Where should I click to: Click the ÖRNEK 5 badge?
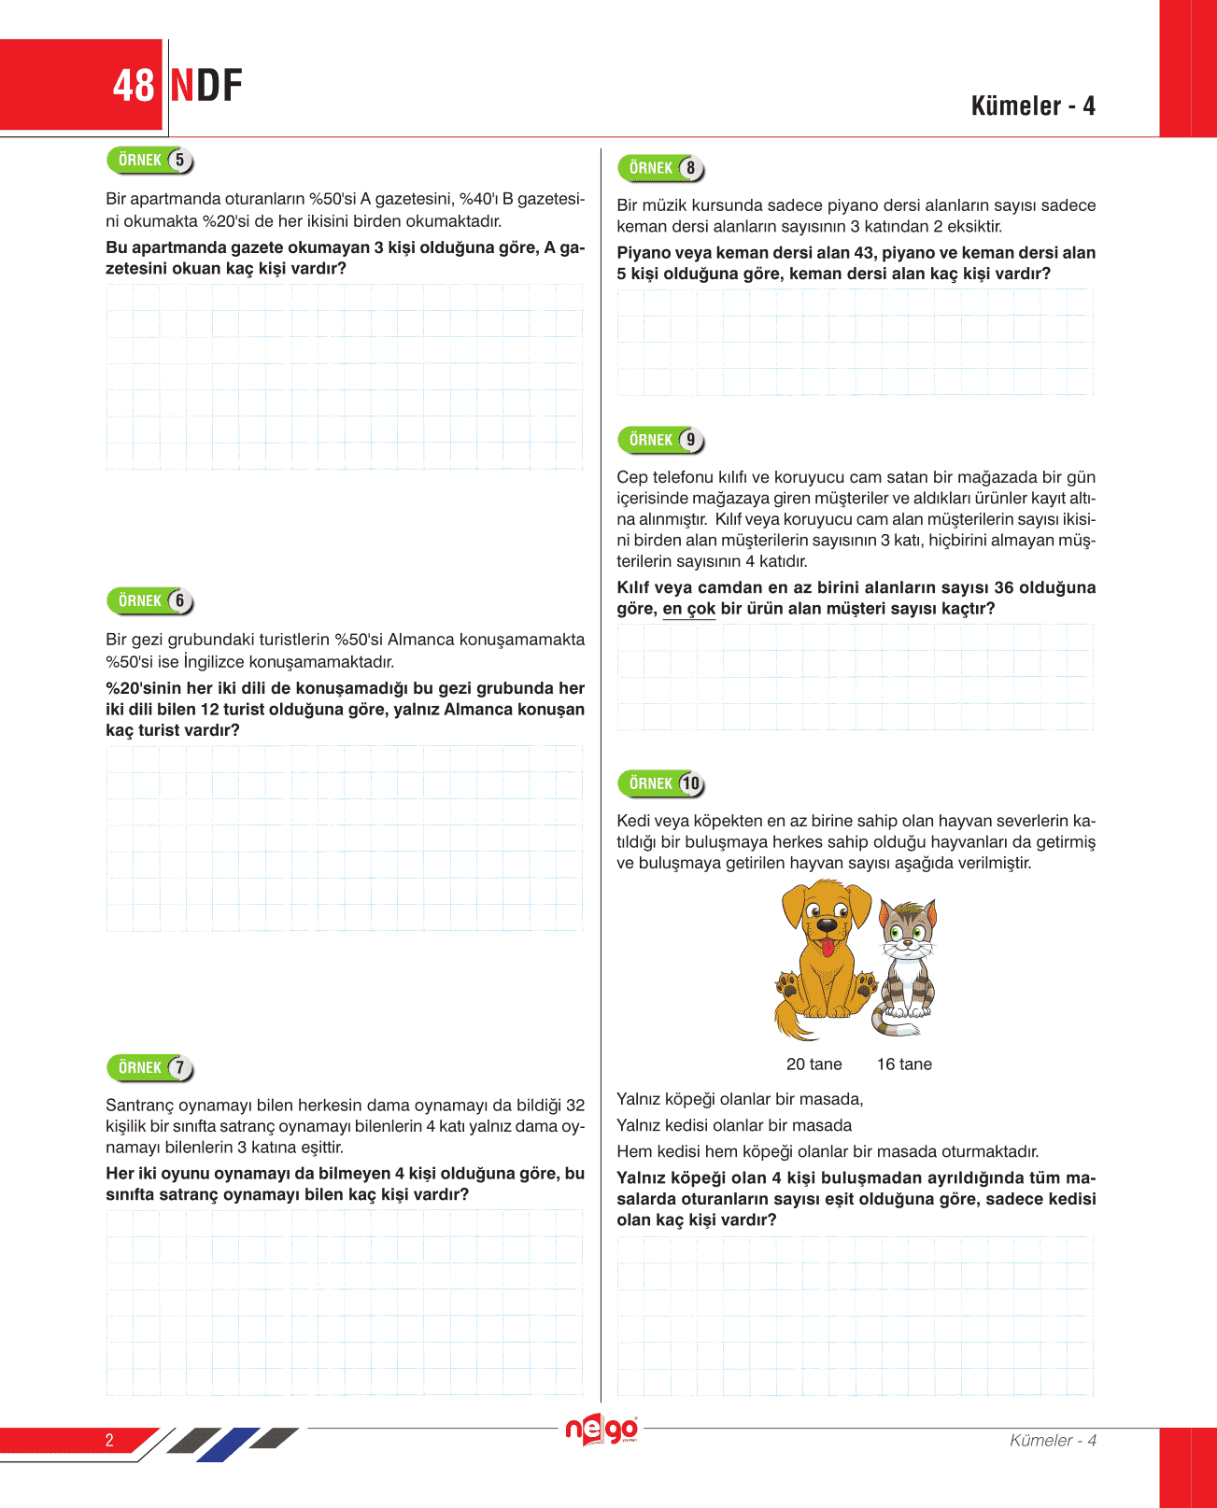pyautogui.click(x=149, y=161)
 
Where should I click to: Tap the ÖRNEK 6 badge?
pyautogui.click(x=149, y=601)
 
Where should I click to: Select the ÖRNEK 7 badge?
pyautogui.click(x=149, y=1067)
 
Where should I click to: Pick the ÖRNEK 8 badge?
pyautogui.click(x=660, y=168)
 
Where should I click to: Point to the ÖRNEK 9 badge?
pyautogui.click(x=660, y=440)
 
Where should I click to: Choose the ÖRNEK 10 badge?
pyautogui.click(x=660, y=783)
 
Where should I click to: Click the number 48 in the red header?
pyautogui.click(x=133, y=86)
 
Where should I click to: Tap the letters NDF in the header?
pyautogui.click(x=206, y=86)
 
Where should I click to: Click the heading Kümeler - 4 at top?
pyautogui.click(x=1032, y=106)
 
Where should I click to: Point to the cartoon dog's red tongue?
pyautogui.click(x=828, y=948)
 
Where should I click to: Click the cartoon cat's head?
pyautogui.click(x=907, y=925)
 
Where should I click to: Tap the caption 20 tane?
pyautogui.click(x=814, y=1064)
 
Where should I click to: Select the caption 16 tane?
pyautogui.click(x=904, y=1064)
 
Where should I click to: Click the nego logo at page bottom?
pyautogui.click(x=602, y=1430)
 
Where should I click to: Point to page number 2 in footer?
pyautogui.click(x=109, y=1440)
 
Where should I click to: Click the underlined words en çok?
pyautogui.click(x=689, y=609)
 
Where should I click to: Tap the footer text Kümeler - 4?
pyautogui.click(x=1053, y=1440)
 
